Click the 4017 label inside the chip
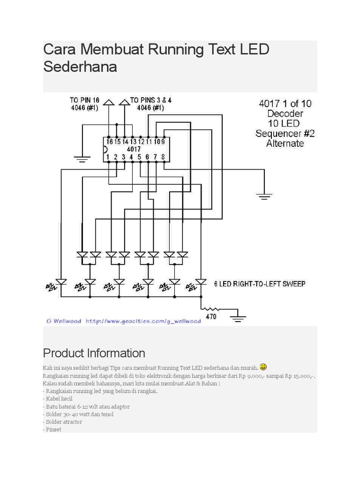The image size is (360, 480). point(134,149)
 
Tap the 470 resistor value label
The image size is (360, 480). point(211,317)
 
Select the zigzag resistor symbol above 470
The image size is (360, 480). point(211,309)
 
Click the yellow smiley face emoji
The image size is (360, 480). point(263,367)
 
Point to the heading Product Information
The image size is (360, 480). point(94,353)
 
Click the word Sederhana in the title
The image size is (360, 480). point(80,67)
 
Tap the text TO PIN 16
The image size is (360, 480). point(84,100)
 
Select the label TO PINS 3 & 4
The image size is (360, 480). point(150,100)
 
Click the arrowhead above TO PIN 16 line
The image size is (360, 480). point(109,101)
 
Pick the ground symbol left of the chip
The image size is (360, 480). point(82,159)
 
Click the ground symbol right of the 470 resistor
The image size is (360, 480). point(239,319)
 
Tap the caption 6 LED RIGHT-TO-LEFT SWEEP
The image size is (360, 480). point(260,284)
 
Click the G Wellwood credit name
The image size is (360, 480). point(64,321)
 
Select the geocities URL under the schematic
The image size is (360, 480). point(143,321)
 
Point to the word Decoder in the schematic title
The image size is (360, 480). point(285,113)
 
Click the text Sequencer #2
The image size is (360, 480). point(285,134)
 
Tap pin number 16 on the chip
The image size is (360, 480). point(109,141)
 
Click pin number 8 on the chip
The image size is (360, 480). point(163,157)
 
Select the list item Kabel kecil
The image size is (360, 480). point(59,399)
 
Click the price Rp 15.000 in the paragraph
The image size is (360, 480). point(297,376)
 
